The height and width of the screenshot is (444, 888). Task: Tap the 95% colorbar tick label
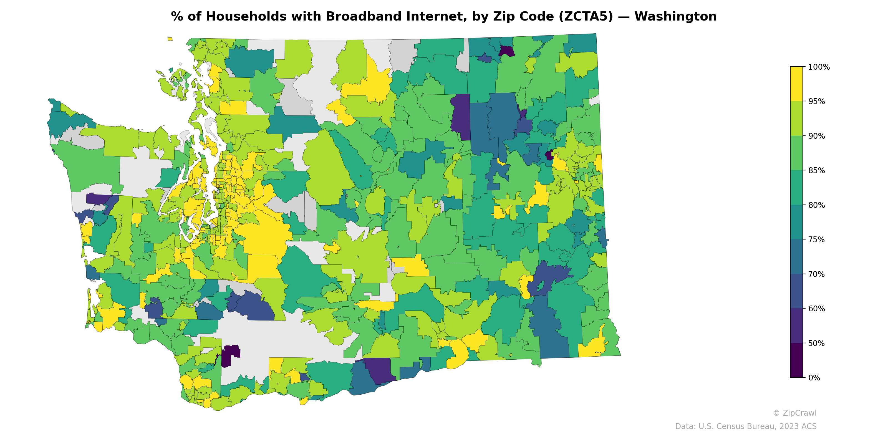817,102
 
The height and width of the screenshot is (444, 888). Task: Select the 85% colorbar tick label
817,171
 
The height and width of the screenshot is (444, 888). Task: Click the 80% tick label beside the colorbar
817,205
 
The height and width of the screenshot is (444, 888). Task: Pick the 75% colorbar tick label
817,239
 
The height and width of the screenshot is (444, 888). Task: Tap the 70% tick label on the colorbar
817,274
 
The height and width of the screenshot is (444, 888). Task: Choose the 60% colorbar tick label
817,309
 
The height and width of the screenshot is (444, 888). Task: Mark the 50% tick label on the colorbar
817,343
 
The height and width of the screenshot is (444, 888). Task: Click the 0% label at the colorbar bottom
814,378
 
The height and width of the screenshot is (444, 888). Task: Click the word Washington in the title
675,17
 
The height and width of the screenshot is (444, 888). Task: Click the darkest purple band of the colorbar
796,360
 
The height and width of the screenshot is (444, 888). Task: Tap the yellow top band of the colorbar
796,84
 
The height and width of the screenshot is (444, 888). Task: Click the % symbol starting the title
177,17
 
